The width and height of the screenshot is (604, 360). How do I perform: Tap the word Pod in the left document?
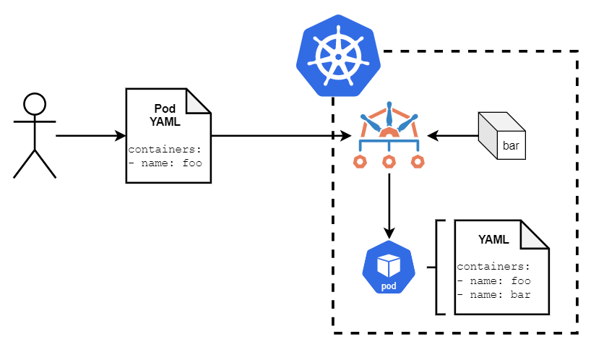pos(165,108)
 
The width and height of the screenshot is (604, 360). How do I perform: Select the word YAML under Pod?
pos(165,121)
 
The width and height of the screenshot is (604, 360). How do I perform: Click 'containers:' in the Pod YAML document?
pos(164,150)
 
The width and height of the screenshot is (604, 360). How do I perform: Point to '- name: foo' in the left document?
pos(164,163)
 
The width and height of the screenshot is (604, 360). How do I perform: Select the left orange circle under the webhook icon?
pos(360,161)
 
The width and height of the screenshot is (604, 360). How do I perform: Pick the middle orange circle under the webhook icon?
pos(389,161)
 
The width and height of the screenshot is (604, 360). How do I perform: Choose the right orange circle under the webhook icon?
pos(418,161)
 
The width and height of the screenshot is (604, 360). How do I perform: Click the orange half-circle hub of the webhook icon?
pos(389,132)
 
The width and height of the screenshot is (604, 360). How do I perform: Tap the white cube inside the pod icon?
pos(389,265)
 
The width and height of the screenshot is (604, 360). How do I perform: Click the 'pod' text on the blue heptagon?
pos(389,286)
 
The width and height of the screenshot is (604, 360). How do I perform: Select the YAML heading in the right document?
pos(493,240)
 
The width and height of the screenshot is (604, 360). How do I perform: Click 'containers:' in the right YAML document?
pos(493,267)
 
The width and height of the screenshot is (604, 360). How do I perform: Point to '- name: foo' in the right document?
pos(493,280)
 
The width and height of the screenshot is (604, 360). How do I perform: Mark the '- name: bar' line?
pos(493,294)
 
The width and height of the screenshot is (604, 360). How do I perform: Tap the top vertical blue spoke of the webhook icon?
pos(389,113)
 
